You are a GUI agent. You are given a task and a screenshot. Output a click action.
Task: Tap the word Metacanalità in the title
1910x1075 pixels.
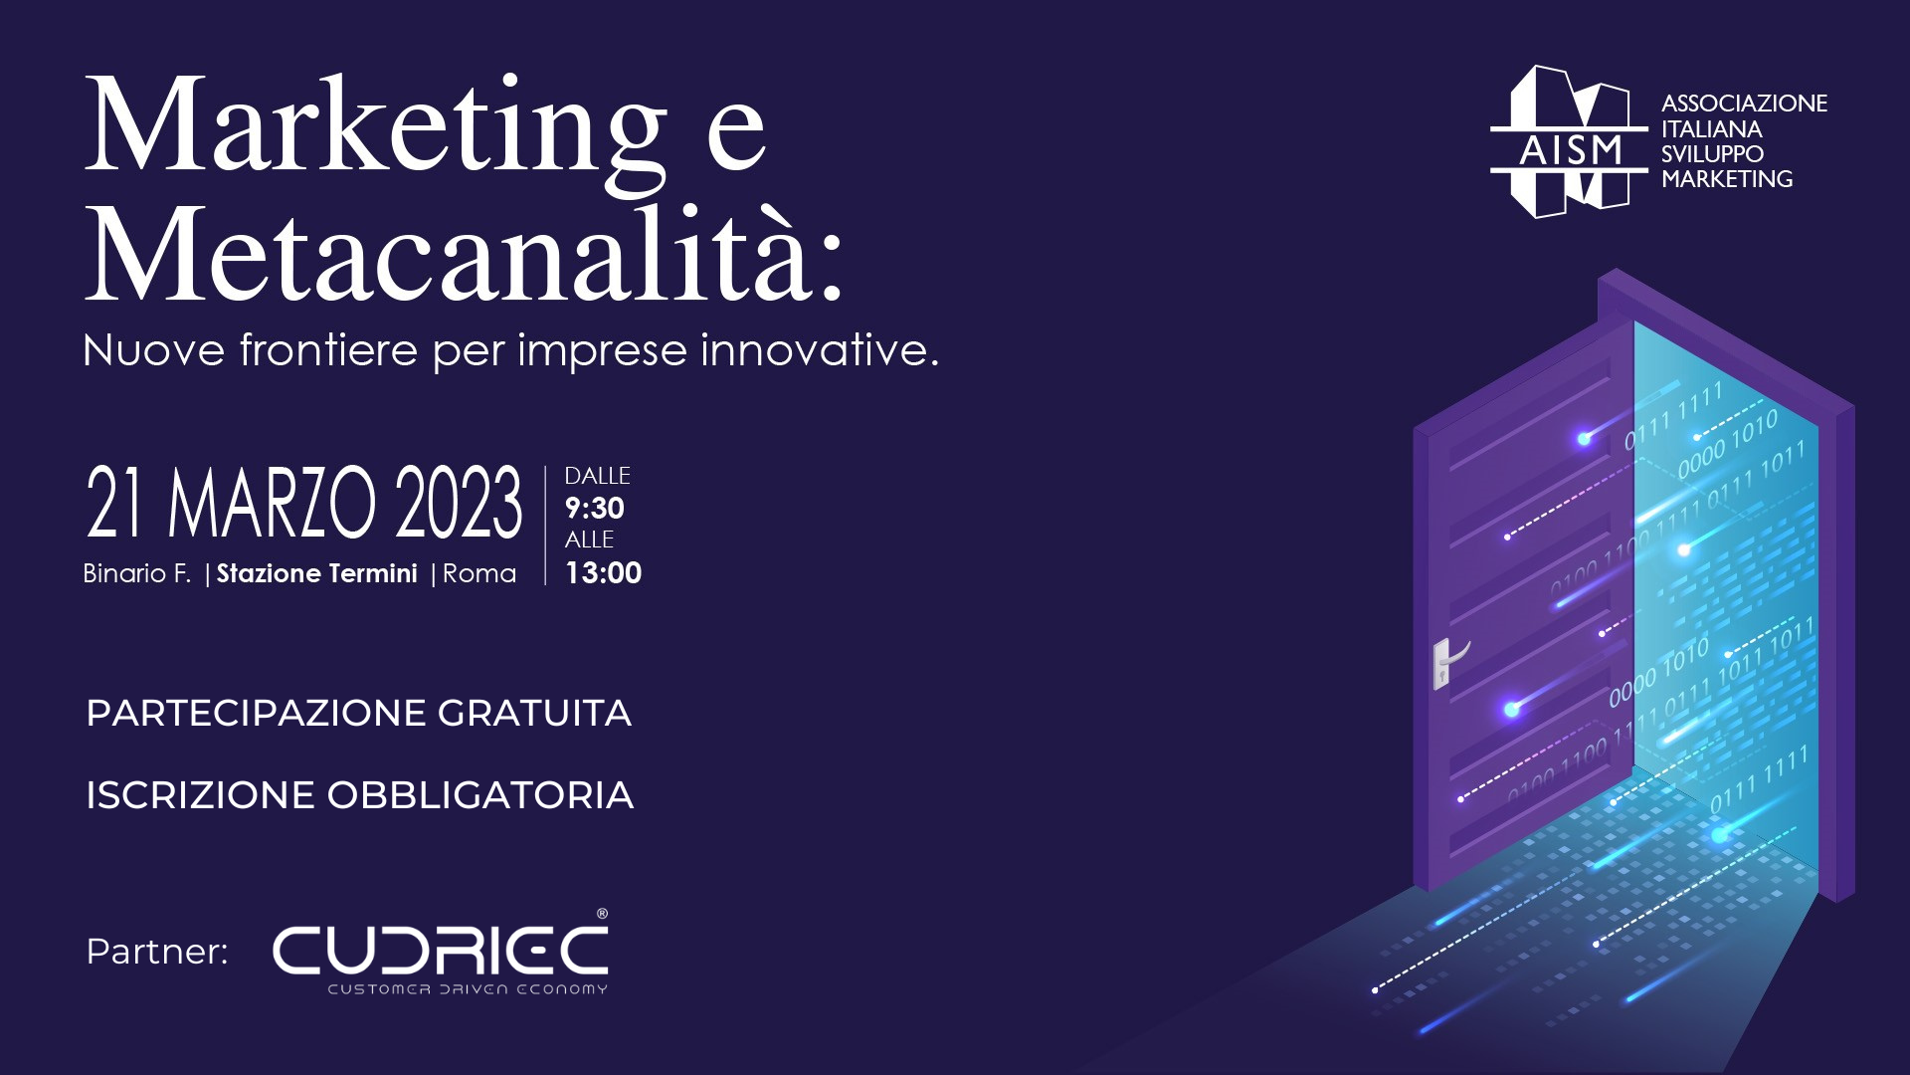[x=464, y=253]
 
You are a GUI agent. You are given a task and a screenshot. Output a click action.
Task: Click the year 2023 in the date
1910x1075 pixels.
[x=459, y=502]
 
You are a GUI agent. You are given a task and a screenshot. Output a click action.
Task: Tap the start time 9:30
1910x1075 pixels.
[x=594, y=509]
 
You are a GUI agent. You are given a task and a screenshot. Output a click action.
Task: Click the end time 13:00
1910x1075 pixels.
[x=603, y=573]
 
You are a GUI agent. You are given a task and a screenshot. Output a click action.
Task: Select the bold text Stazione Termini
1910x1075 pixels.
[x=317, y=573]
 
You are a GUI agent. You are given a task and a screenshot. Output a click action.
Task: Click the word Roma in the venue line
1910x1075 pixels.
[x=479, y=573]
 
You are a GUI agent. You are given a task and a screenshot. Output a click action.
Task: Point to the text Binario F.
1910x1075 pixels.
[x=137, y=573]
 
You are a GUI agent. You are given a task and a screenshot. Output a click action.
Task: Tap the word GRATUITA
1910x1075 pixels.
[x=534, y=713]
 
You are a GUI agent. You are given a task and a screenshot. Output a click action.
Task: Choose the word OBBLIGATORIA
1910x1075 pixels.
[x=480, y=795]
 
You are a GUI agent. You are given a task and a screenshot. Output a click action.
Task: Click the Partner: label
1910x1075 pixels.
[x=157, y=952]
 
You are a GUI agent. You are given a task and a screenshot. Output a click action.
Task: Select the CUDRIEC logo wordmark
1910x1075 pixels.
[x=440, y=950]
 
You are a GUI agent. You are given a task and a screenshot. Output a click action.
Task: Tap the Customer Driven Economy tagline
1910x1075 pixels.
[x=468, y=989]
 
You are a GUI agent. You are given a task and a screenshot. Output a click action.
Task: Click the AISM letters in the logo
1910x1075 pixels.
[x=1571, y=150]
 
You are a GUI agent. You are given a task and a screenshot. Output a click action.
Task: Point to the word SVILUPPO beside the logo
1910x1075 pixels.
[x=1712, y=154]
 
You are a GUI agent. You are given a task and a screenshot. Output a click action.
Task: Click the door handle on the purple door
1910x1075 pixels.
[x=1449, y=662]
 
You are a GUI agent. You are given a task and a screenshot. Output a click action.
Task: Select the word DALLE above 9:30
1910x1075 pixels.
[x=597, y=477]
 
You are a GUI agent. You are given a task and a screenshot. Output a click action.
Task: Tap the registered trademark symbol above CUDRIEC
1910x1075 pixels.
[x=602, y=914]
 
